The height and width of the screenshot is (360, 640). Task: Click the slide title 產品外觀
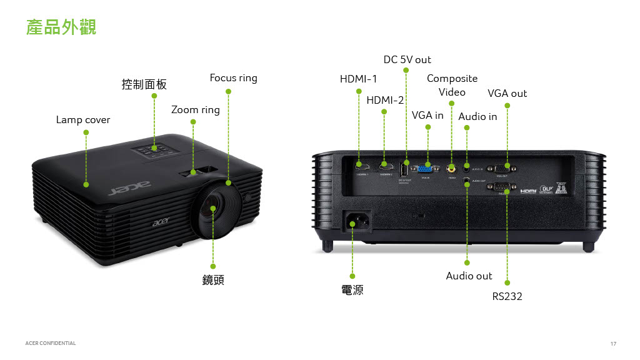[61, 27]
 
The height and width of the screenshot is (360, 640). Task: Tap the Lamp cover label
[82, 119]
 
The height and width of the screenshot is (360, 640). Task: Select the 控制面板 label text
[144, 84]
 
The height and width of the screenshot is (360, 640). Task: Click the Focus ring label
[233, 78]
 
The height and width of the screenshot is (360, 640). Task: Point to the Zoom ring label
[195, 110]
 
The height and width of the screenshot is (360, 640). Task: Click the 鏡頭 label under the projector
[213, 280]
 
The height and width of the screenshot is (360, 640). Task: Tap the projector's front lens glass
[214, 209]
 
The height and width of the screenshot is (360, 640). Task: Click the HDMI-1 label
[358, 79]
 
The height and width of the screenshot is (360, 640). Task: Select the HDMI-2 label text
[385, 100]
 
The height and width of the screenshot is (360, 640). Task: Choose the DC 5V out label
[407, 59]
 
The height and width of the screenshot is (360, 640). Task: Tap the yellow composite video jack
[451, 167]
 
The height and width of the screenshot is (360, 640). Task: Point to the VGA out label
[507, 93]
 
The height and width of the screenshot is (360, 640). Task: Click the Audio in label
[477, 116]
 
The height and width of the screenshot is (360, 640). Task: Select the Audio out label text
[469, 276]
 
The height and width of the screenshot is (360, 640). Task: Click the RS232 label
[507, 296]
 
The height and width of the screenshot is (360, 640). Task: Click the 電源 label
[352, 290]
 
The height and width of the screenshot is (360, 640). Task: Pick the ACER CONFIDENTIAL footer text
[51, 343]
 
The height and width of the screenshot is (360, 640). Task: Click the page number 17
[613, 344]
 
